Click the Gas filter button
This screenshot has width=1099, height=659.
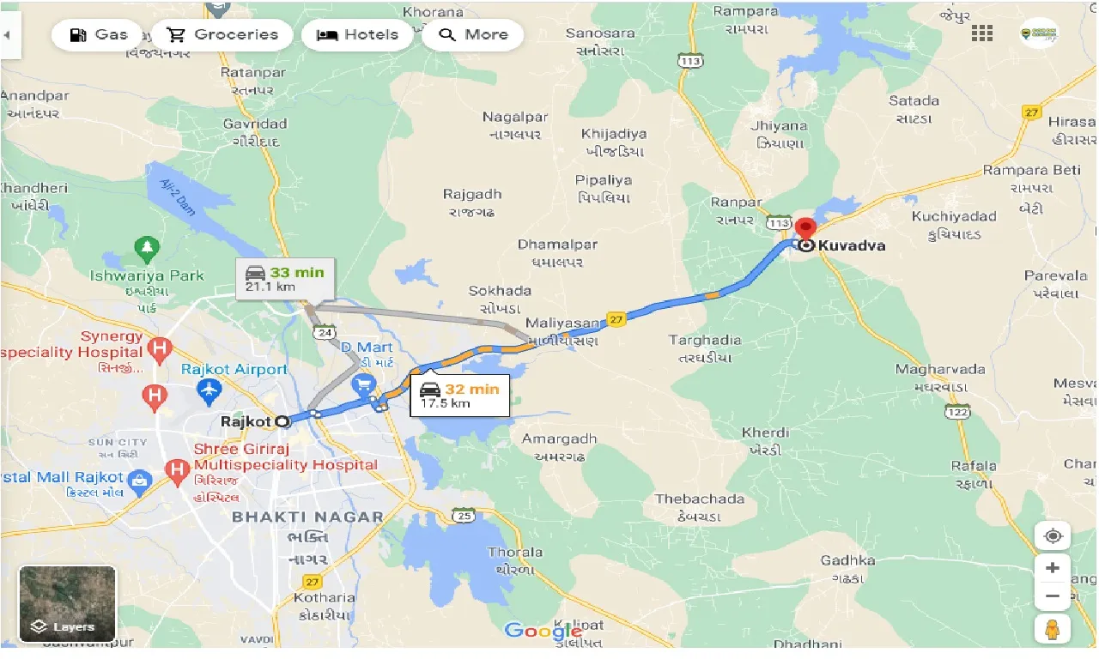click(x=97, y=35)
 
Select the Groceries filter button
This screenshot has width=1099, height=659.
click(x=222, y=35)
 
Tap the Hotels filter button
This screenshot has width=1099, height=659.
click(x=357, y=35)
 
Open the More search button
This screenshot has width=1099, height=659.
click(x=473, y=35)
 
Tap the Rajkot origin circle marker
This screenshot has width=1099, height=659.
click(x=282, y=421)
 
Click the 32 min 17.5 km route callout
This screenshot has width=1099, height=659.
click(x=458, y=395)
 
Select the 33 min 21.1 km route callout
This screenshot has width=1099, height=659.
click(x=285, y=279)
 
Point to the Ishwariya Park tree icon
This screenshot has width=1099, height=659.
click(x=147, y=250)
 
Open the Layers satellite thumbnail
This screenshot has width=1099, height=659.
click(x=67, y=603)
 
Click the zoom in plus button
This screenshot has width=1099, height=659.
click(x=1053, y=567)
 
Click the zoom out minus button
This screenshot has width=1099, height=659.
click(x=1053, y=596)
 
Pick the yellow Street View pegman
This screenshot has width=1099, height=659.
click(x=1053, y=629)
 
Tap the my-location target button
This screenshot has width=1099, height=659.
click(x=1053, y=536)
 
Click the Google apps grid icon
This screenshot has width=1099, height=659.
click(x=981, y=33)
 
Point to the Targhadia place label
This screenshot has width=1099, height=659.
click(x=705, y=341)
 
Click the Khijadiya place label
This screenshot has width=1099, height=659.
click(x=614, y=134)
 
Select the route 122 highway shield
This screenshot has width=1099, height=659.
click(x=958, y=413)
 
